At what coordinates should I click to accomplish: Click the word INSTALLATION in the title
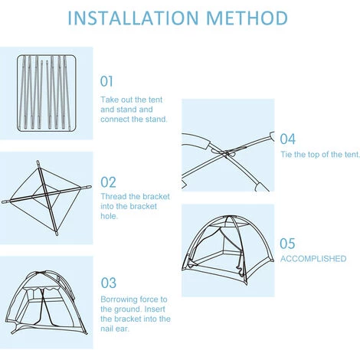[x=133, y=18]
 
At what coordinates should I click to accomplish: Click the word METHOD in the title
[x=247, y=18]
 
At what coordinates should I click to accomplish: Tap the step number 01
[x=106, y=81]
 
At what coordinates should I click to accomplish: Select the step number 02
[x=108, y=182]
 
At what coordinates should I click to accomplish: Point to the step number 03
[x=109, y=283]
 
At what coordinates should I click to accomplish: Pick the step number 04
[x=288, y=139]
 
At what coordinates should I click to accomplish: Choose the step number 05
[x=287, y=244]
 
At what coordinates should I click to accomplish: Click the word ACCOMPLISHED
[x=313, y=259]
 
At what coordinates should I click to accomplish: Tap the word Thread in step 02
[x=113, y=196]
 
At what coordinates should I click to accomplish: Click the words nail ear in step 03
[x=115, y=329]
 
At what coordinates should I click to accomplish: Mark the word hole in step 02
[x=109, y=216]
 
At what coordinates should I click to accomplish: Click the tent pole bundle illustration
[x=47, y=93]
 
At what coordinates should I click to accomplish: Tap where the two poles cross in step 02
[x=46, y=195]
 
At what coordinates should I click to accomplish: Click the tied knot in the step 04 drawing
[x=226, y=154]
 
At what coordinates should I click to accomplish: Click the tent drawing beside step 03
[x=47, y=303]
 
